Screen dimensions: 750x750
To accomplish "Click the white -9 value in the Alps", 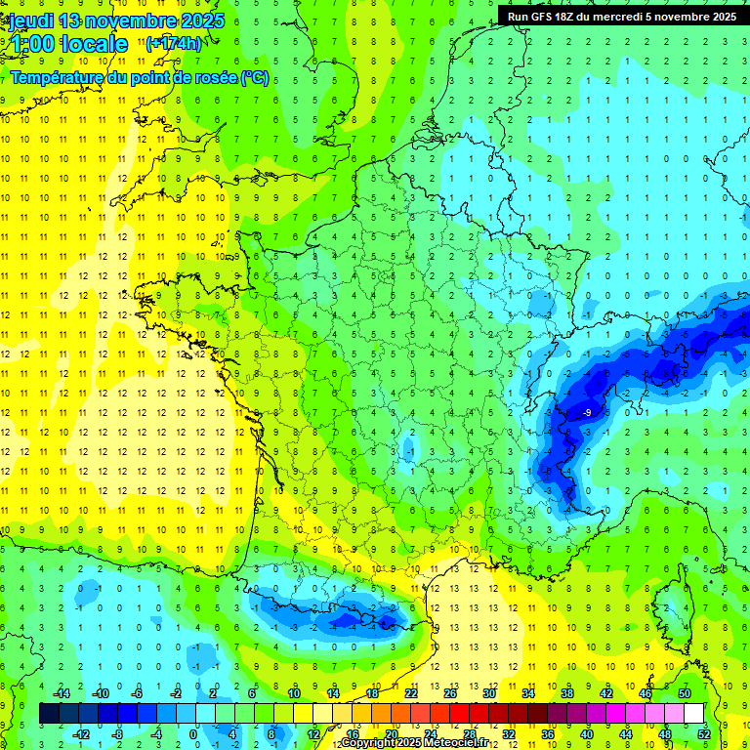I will [586, 414].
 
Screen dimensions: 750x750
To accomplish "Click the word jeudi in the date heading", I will [31, 21].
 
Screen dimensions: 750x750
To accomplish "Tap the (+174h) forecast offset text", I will [174, 43].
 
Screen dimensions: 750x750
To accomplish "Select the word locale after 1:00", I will [93, 44].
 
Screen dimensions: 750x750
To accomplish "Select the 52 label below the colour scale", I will [703, 733].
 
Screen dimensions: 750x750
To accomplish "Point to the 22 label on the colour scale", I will [411, 693].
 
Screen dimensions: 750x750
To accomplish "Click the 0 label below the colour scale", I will [193, 733].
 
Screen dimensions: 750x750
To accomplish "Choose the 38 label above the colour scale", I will [566, 693].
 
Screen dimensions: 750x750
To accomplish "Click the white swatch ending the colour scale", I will [694, 714].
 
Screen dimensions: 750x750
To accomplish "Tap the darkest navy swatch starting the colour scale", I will [50, 714].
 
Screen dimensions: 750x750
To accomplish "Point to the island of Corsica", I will [668, 601].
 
